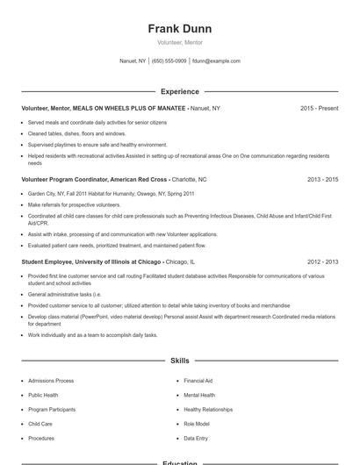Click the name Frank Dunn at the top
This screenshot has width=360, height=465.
click(180, 29)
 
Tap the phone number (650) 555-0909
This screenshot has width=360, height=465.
click(169, 61)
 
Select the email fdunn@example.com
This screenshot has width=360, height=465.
click(216, 61)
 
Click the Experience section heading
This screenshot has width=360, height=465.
click(180, 91)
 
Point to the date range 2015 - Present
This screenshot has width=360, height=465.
click(319, 108)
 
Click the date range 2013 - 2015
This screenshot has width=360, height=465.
click(322, 179)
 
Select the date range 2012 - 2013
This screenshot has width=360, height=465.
click(322, 261)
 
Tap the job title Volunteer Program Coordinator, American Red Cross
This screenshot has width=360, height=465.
click(94, 179)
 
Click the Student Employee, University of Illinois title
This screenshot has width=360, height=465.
click(91, 261)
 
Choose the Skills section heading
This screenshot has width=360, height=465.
click(180, 361)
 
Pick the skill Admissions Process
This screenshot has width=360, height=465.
click(51, 381)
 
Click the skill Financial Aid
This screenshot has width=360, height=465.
click(198, 381)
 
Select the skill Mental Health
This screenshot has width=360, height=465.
click(199, 395)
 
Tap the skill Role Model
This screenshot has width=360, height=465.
click(197, 424)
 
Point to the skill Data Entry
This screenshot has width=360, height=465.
click(196, 438)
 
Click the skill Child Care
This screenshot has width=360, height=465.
click(40, 424)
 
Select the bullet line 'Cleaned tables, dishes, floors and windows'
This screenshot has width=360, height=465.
click(77, 133)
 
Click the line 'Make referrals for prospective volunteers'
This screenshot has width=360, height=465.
click(75, 204)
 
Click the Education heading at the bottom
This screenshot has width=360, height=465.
click(180, 461)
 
